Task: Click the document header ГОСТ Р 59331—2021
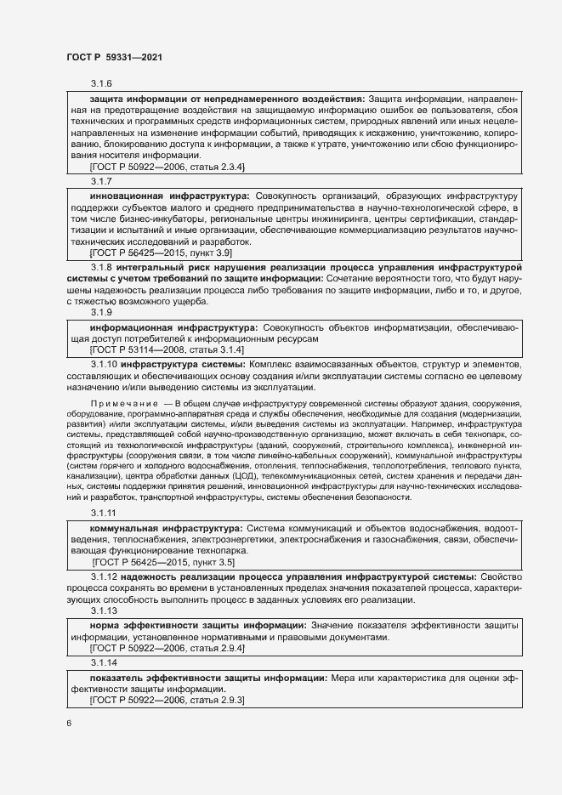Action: [114, 57]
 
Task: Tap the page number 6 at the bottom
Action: [69, 723]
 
